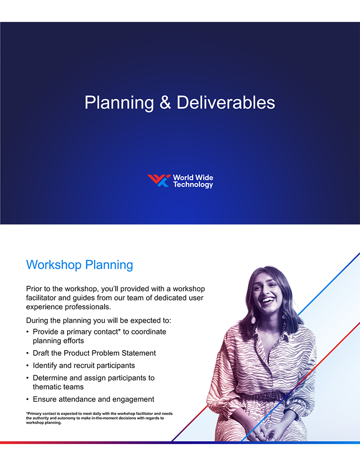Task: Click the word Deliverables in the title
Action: pyautogui.click(x=226, y=103)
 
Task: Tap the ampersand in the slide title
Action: pyautogui.click(x=165, y=103)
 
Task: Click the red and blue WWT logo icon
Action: pyautogui.click(x=159, y=181)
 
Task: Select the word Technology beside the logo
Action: pyautogui.click(x=193, y=185)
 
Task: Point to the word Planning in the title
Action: pyautogui.click(x=119, y=103)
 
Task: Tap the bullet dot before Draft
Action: pyautogui.click(x=28, y=354)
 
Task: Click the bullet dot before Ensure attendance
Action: pyautogui.click(x=28, y=399)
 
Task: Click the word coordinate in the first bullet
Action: pyautogui.click(x=148, y=332)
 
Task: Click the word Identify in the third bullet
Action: pyautogui.click(x=45, y=366)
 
